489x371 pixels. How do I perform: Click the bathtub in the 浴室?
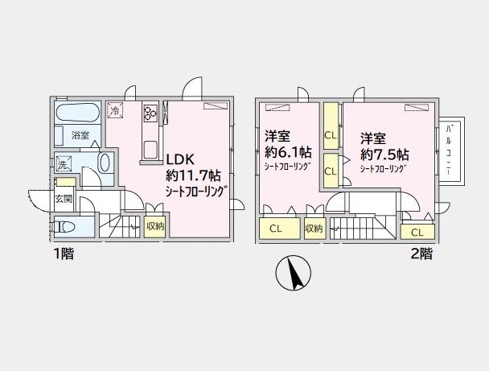(78, 111)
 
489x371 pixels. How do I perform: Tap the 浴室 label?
(80, 135)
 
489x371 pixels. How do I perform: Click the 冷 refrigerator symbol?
(117, 109)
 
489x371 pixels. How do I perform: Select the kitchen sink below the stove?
(151, 148)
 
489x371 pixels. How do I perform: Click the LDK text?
(181, 159)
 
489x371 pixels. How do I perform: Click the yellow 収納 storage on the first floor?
(155, 227)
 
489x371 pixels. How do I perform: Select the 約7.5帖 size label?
(384, 153)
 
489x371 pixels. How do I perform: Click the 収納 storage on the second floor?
(314, 229)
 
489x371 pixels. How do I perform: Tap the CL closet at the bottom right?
(416, 232)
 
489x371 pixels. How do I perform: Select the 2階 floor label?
(421, 254)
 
